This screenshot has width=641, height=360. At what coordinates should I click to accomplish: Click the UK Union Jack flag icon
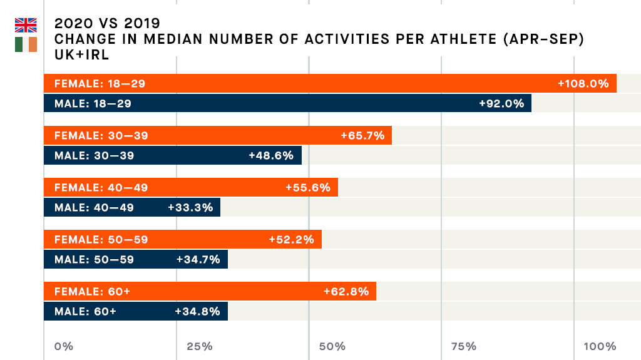point(26,25)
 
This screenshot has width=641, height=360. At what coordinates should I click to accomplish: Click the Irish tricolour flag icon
point(26,44)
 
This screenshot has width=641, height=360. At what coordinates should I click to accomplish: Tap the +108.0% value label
point(583,83)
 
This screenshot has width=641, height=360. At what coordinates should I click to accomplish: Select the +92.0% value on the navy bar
point(501,103)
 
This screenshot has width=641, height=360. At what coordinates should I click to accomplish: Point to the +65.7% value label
point(362,135)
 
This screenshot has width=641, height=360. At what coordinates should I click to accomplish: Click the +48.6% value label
point(271,155)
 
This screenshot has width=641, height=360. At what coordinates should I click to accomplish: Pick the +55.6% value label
point(307,187)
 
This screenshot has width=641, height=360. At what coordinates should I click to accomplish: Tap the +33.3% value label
point(190,207)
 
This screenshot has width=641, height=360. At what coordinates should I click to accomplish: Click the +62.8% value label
point(346,291)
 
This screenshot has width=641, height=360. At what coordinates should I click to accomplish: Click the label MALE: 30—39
point(94,155)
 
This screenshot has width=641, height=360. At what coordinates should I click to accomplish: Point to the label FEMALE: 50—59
point(101,239)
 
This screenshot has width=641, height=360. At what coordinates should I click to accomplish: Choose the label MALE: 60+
point(85,311)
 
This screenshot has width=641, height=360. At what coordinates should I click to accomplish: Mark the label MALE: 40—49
point(94,207)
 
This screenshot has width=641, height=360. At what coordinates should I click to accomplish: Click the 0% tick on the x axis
point(64,346)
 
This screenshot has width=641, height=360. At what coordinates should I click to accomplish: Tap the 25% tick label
point(199,346)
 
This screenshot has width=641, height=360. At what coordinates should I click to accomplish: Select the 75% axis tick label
point(463,346)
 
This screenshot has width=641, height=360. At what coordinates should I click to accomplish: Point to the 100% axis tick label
point(600,346)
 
